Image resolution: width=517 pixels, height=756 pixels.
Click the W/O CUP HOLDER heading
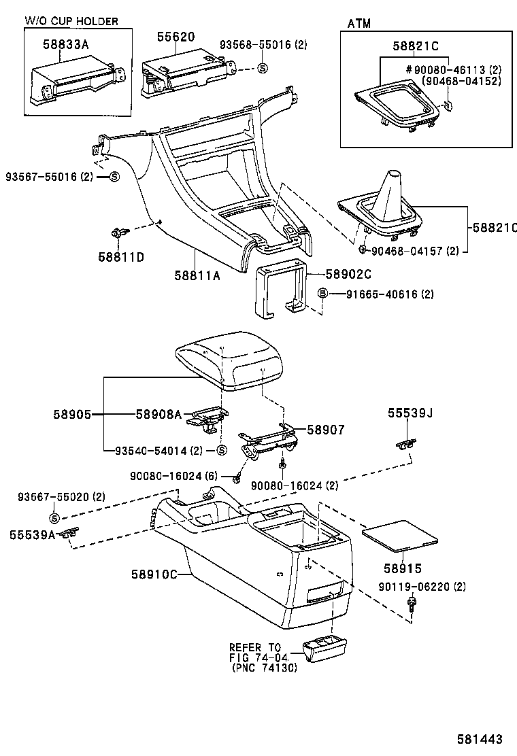[71, 21]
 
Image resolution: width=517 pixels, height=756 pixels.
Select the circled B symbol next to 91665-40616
[323, 294]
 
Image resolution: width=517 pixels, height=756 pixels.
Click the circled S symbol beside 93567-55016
[114, 177]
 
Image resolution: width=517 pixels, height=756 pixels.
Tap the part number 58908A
[158, 414]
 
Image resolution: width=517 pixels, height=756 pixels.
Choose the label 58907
[325, 430]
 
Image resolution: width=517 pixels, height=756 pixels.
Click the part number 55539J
[410, 412]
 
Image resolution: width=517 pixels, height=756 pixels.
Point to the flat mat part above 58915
[401, 534]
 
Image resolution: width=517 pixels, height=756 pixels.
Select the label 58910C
[154, 574]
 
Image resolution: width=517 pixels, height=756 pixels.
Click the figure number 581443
[484, 738]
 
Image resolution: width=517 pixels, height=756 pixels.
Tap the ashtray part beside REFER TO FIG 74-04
[325, 651]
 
